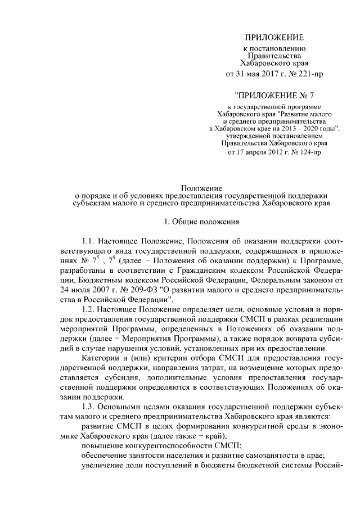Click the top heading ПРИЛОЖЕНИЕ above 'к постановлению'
click(274, 38)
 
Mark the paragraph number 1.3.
click(89, 406)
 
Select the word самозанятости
click(269, 454)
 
